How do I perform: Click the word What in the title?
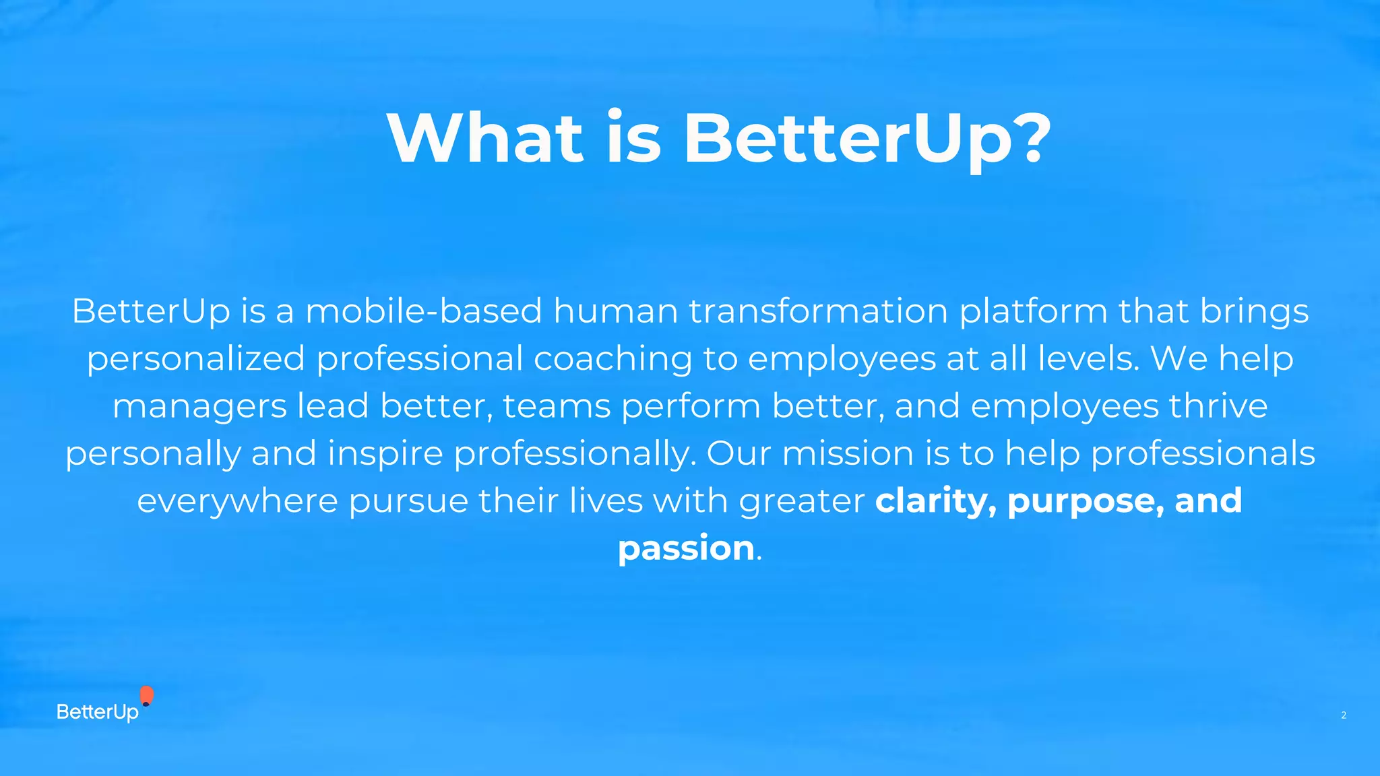pos(484,138)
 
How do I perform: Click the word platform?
pos(1033,313)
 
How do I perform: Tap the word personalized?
pos(195,359)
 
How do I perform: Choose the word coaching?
pos(613,359)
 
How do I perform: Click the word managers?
pos(199,407)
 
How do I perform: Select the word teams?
pos(557,406)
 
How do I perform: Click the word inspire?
pos(385,454)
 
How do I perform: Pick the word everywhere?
pos(237,501)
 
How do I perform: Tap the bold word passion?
pos(686,548)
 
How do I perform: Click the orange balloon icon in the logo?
pos(146,695)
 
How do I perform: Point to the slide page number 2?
pos(1343,715)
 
